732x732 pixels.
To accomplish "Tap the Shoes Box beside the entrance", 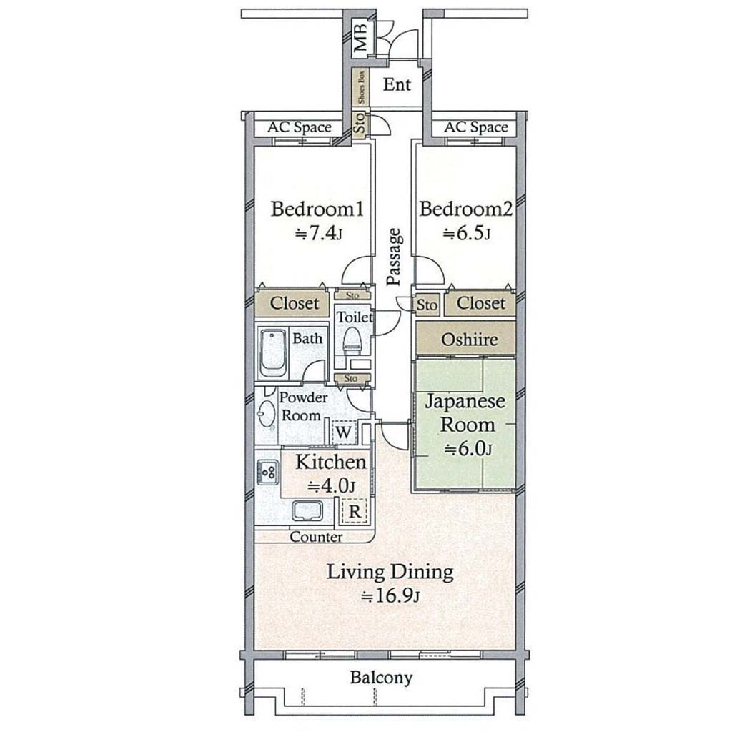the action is [x=361, y=87].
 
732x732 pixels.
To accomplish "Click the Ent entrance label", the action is [x=397, y=84].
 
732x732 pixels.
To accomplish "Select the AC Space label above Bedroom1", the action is [x=300, y=127].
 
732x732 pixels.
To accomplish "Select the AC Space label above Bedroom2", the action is [x=475, y=127].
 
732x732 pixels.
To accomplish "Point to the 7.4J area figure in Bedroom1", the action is [x=319, y=233].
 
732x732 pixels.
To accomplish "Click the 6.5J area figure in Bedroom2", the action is [x=466, y=233].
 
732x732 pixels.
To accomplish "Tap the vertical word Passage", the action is [x=395, y=257].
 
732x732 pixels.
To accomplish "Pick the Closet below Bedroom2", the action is [x=480, y=303].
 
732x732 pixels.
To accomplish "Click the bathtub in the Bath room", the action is [x=272, y=353].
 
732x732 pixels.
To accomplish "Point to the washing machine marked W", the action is [x=343, y=432].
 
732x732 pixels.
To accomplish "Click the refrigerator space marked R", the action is [x=355, y=512].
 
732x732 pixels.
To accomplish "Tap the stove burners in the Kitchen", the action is [x=267, y=473].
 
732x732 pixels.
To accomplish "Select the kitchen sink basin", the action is [x=307, y=511].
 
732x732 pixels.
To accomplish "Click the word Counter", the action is [x=316, y=537].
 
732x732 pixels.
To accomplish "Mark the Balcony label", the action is [x=382, y=678].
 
